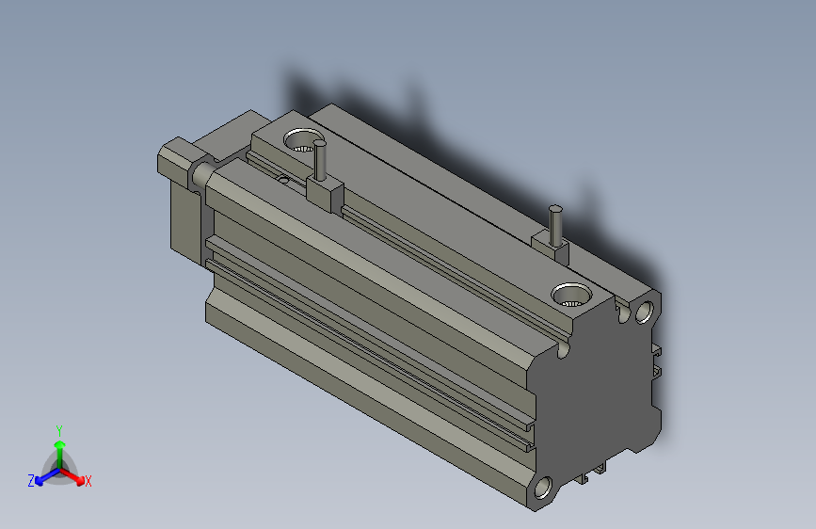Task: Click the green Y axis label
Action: click(58, 428)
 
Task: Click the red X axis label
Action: click(88, 482)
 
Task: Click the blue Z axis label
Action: click(31, 481)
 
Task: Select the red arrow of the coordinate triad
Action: click(75, 475)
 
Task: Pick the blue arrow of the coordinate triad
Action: click(42, 476)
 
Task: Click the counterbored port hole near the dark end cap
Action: click(570, 296)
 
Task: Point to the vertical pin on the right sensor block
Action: click(556, 224)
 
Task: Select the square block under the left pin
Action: click(325, 194)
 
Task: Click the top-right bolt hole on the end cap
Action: click(646, 310)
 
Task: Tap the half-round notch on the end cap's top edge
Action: click(563, 349)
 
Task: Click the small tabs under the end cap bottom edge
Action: click(593, 473)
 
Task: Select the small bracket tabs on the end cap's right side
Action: click(657, 361)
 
